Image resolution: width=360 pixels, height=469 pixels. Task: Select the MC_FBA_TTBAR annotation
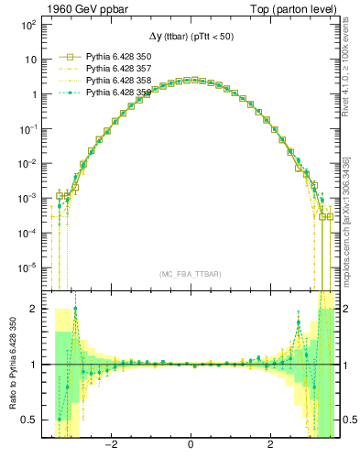[x=190, y=274]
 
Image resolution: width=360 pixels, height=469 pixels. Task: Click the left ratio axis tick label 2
[x=35, y=309]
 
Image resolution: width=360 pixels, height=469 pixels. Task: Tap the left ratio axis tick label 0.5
[x=31, y=420]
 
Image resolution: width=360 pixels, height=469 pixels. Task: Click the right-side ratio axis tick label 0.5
[x=349, y=420]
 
